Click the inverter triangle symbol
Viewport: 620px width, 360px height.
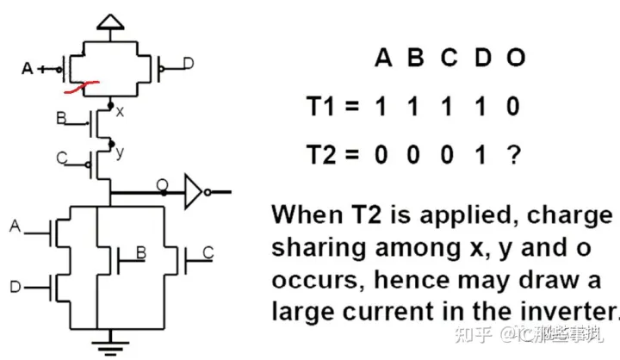[195, 191]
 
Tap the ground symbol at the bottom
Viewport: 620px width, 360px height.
[108, 347]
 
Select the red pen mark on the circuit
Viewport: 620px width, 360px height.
[80, 85]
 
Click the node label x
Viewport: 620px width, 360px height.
[119, 111]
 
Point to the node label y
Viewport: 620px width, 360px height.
[120, 152]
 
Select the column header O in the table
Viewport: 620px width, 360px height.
[515, 59]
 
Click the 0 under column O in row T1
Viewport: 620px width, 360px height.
[514, 108]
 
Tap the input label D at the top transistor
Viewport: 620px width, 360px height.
[189, 63]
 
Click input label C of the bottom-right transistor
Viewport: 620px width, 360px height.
[208, 252]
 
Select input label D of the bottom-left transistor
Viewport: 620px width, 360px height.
[15, 284]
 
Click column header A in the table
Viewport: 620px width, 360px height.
[383, 59]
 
